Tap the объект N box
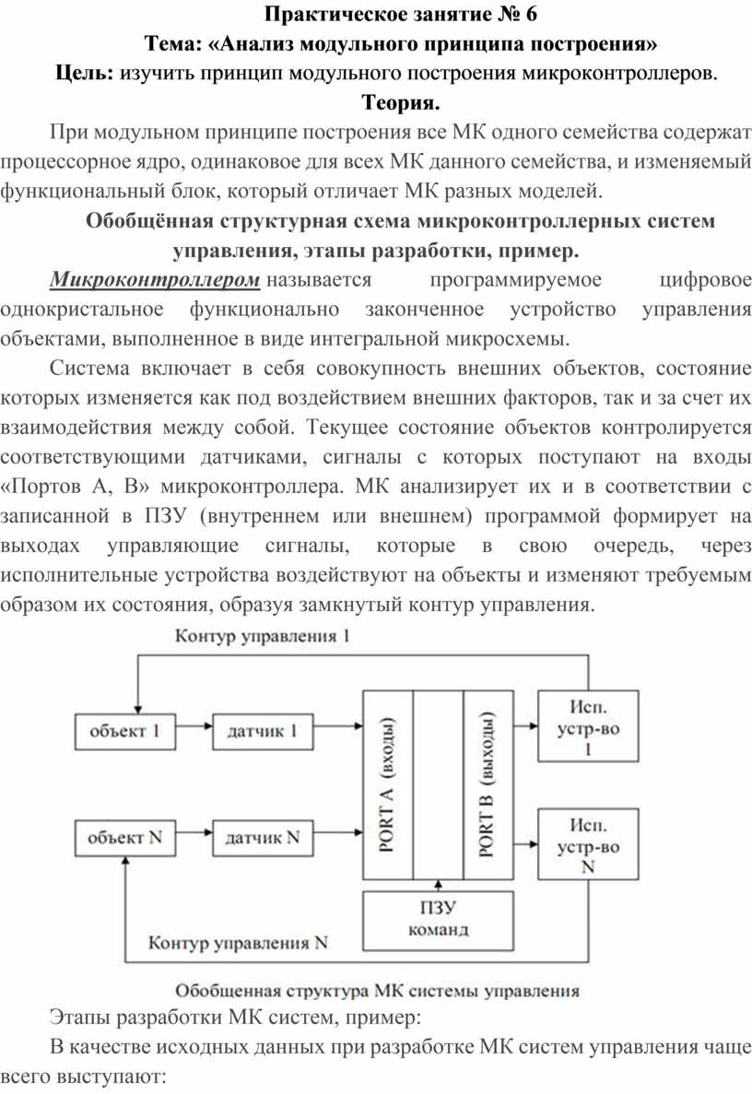[124, 838]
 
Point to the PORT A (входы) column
[388, 784]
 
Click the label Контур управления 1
[263, 637]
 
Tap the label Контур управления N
[240, 944]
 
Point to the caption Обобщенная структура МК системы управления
[377, 992]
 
